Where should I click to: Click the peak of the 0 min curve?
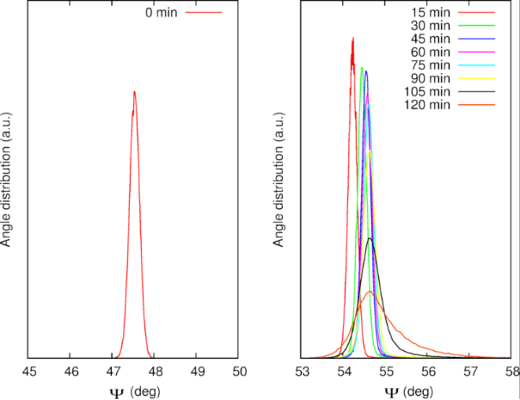pyautogui.click(x=134, y=91)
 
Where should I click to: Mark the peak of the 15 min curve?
pyautogui.click(x=353, y=38)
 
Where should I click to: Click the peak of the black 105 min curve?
pyautogui.click(x=370, y=238)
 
